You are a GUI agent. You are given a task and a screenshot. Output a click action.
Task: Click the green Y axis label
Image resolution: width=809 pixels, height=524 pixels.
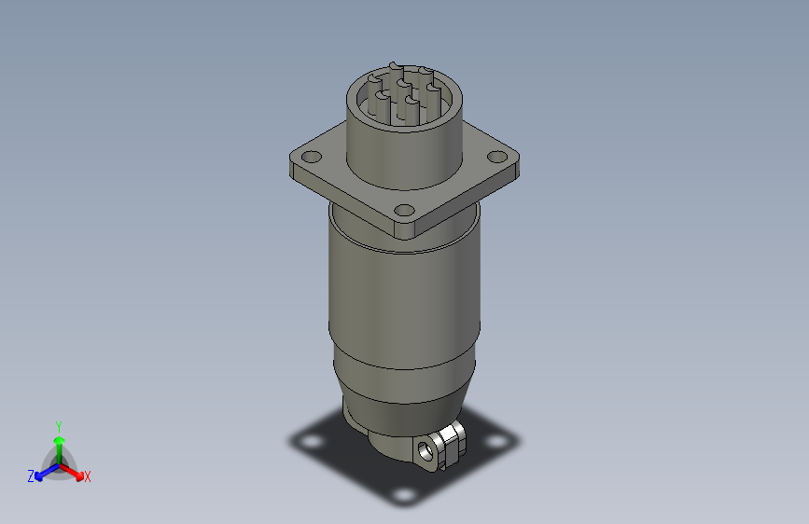[58, 423]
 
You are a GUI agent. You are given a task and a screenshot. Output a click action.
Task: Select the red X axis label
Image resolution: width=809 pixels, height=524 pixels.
[88, 476]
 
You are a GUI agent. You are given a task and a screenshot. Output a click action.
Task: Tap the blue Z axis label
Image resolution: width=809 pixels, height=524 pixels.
[31, 476]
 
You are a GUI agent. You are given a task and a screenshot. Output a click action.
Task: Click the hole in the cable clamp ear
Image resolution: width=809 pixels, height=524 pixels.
[428, 448]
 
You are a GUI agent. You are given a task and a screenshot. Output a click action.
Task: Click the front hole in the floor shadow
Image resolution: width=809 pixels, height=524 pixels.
[403, 494]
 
